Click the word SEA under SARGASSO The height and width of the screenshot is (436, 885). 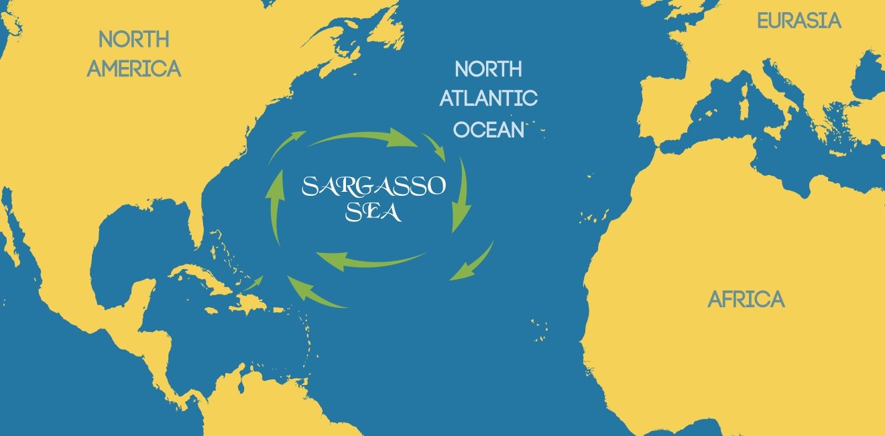[373, 213]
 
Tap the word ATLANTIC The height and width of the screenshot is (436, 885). [488, 99]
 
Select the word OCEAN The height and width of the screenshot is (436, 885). [488, 129]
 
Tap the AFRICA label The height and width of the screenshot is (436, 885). [746, 299]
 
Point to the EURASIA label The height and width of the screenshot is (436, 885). [799, 21]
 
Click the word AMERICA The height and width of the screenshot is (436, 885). [134, 68]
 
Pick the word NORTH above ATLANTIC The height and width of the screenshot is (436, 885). [488, 68]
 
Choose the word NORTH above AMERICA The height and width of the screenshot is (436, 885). [134, 39]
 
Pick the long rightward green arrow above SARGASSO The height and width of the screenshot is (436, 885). [362, 138]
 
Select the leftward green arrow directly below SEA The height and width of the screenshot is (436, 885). [369, 260]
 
